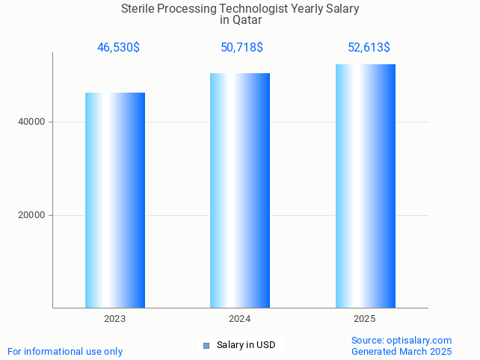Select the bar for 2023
pos(115,200)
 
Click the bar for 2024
pos(240,190)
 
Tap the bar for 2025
pos(365,186)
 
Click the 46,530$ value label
pos(118,48)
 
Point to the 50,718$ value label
pos(241,48)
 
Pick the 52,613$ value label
pos(369,48)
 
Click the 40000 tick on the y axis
pos(31,122)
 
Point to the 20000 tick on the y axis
pos(31,215)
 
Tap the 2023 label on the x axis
pos(115,319)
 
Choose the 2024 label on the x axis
pos(240,319)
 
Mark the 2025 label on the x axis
pos(365,319)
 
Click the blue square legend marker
pos(206,345)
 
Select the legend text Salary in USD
pos(246,345)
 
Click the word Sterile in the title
pos(140,9)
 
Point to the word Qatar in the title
pos(247,20)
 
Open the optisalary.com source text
pos(401,340)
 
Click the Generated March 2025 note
pos(401,351)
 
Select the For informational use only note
pos(65,351)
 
